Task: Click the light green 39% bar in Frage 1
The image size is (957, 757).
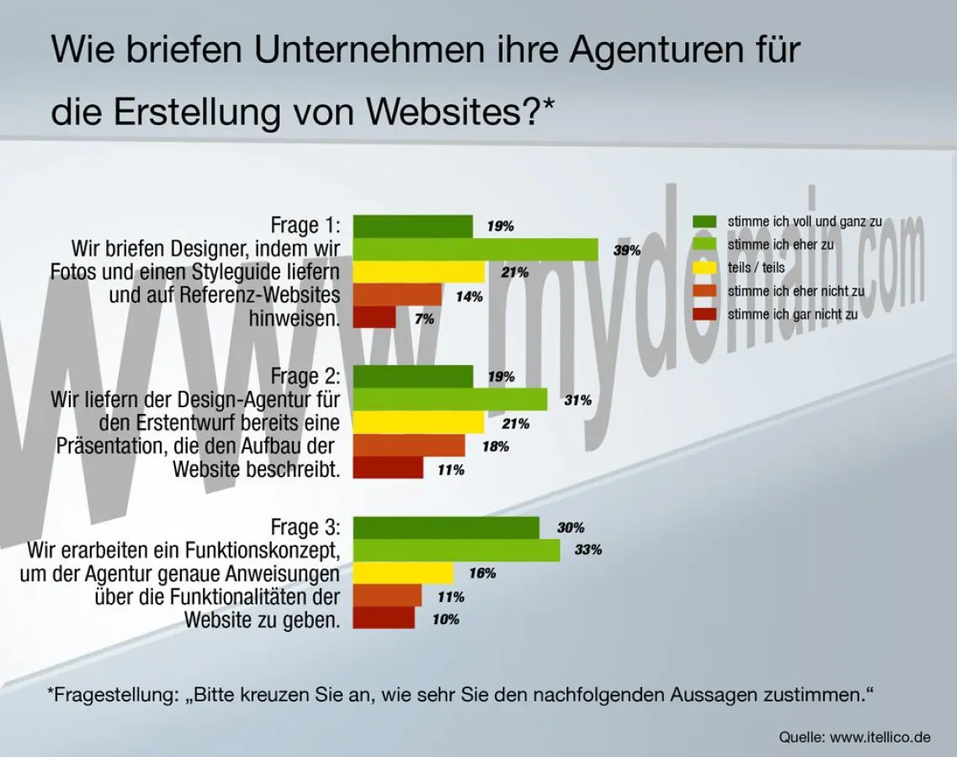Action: pos(476,250)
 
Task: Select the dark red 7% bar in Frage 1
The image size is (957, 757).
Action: pos(374,318)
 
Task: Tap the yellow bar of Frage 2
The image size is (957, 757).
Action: pos(418,422)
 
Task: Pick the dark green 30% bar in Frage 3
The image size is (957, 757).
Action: pos(446,527)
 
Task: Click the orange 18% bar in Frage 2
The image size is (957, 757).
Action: pos(408,446)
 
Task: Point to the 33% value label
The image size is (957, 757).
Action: pos(588,550)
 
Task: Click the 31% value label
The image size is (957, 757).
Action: pos(577,400)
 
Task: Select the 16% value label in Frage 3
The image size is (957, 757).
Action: pos(481,574)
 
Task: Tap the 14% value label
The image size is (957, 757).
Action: pos(469,296)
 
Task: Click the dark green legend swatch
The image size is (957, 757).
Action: pos(704,221)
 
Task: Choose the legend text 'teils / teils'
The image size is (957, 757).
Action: pos(756,267)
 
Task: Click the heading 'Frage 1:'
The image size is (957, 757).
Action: pos(306,225)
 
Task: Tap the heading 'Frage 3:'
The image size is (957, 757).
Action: pos(306,527)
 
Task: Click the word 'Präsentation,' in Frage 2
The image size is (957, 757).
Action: pos(107,446)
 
